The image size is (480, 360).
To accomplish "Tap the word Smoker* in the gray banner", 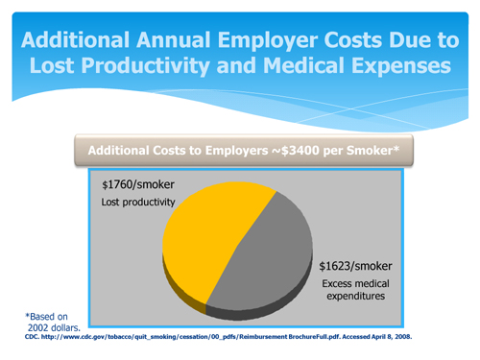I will (373, 152).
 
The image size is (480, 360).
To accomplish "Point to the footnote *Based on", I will (44, 315).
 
